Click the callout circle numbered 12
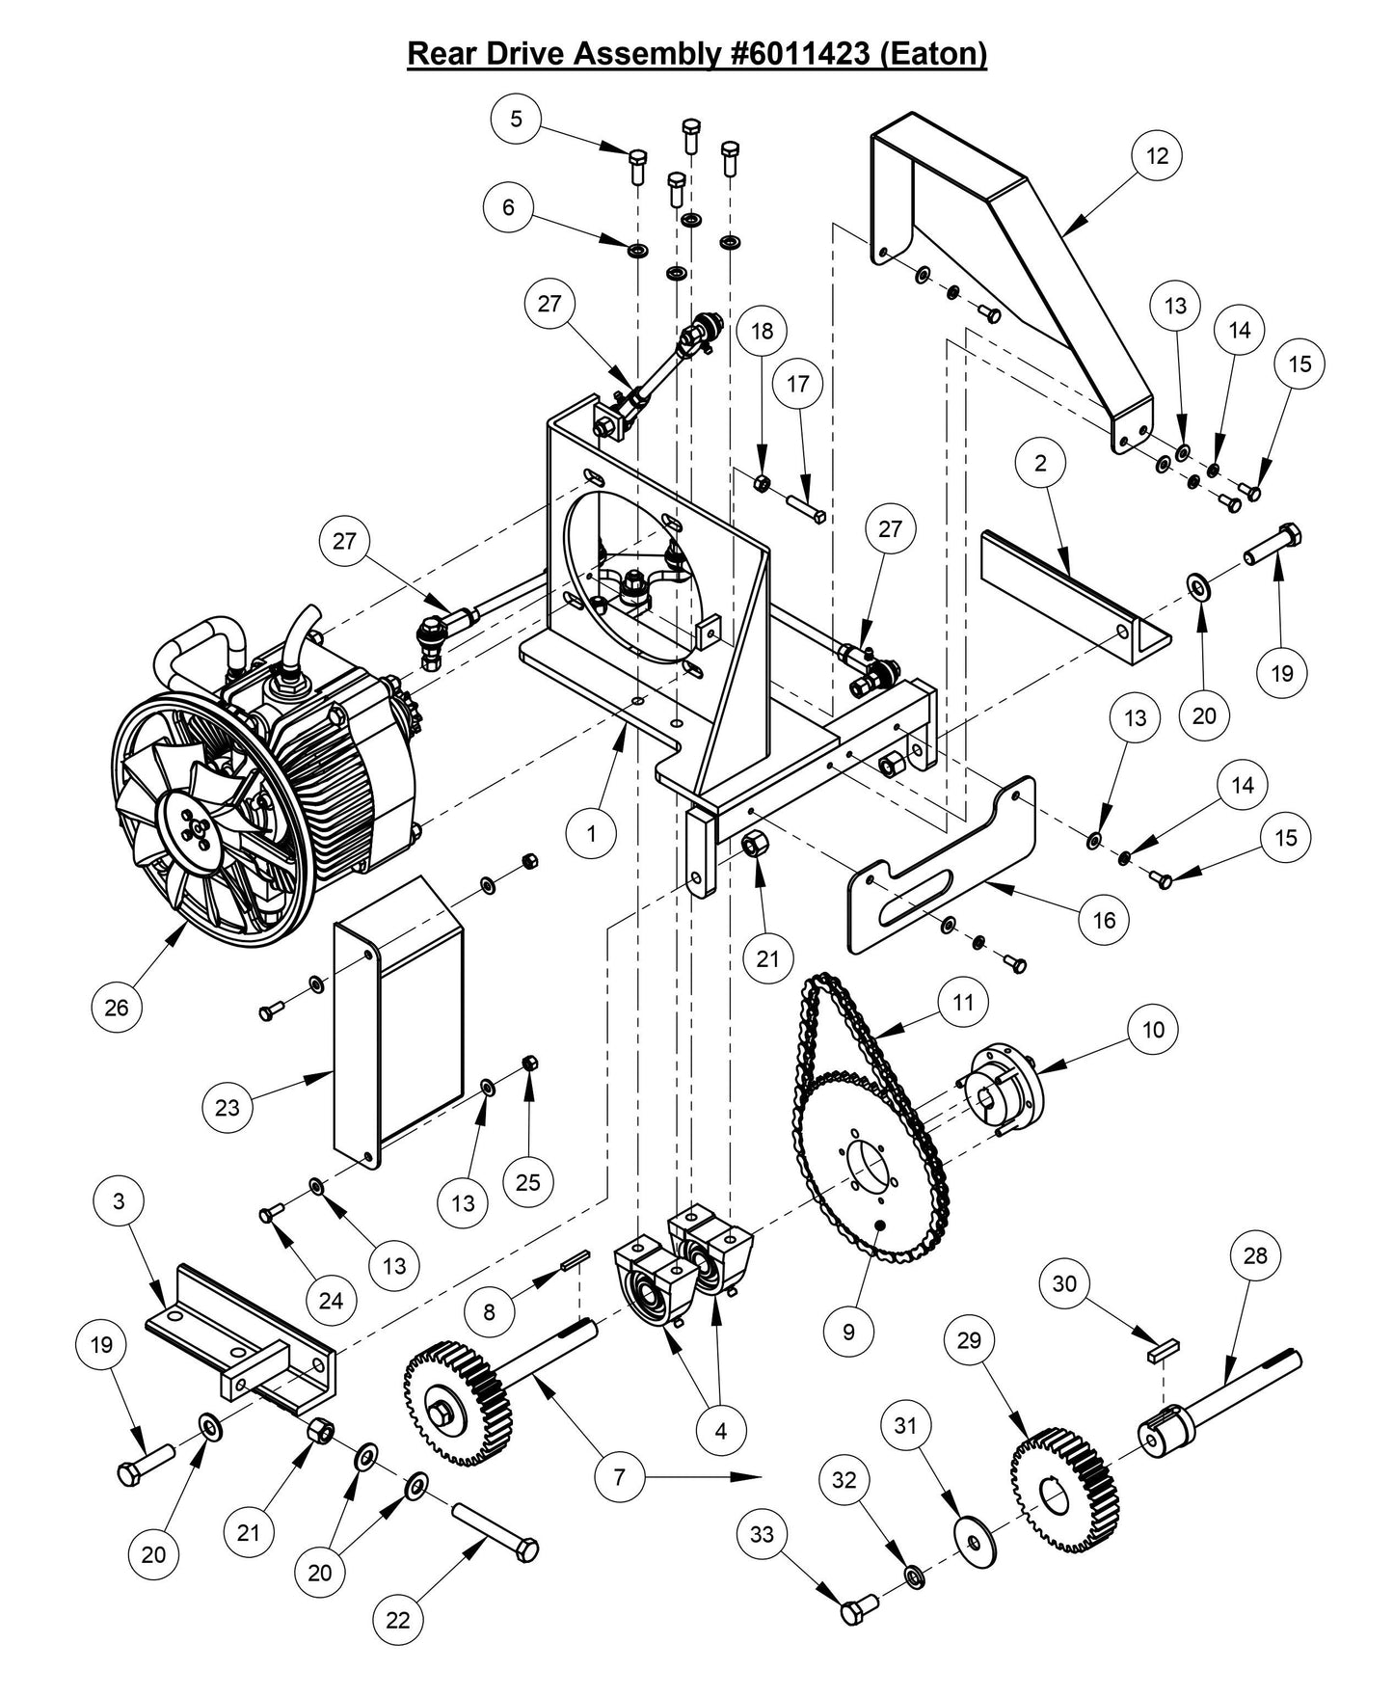pos(1157,155)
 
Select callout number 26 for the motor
pos(116,1008)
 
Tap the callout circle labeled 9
pos(848,1331)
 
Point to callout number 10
pos(1153,1029)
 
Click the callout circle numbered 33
pos(762,1533)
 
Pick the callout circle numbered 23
pos(228,1107)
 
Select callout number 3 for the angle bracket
pos(119,1201)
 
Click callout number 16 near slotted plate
pos(1104,920)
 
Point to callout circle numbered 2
pos(1040,463)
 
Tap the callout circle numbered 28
pos(1256,1255)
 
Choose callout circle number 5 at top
pos(517,119)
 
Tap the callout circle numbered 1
pos(592,833)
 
